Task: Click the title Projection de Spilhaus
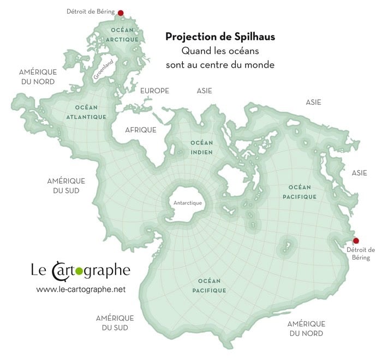pos(220,37)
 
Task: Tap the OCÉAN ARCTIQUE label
pos(121,33)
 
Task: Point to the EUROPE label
pos(154,91)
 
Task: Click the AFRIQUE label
pos(141,130)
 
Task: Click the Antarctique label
pos(187,203)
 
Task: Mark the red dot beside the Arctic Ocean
pos(121,13)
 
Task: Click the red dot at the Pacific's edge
pos(356,241)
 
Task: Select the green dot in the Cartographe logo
pos(77,269)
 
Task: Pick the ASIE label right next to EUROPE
pos(204,91)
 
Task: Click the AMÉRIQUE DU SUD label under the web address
pos(115,322)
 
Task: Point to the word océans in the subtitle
pos(242,51)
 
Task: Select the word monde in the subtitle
pos(259,64)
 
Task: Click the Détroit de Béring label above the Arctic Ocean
pos(90,11)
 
